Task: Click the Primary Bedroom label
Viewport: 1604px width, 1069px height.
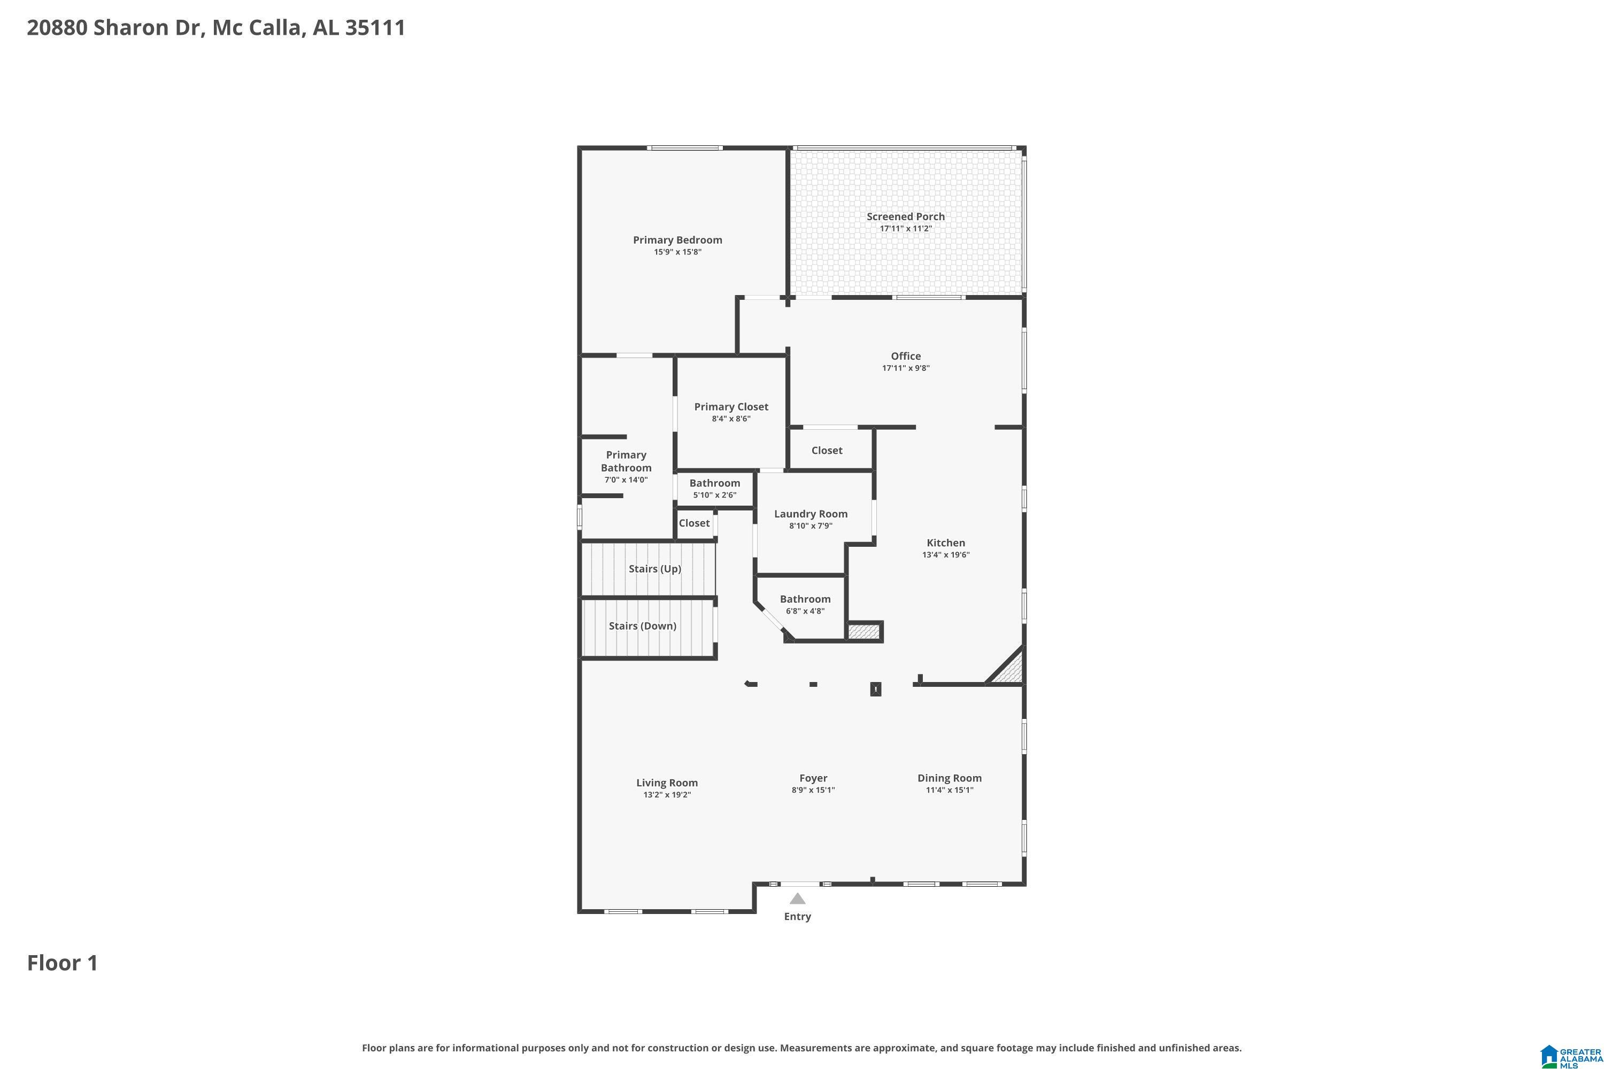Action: pos(677,240)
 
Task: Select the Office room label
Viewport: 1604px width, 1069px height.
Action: pos(906,356)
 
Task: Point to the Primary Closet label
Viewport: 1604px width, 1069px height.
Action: pos(731,407)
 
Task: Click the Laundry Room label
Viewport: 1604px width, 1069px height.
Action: pos(811,514)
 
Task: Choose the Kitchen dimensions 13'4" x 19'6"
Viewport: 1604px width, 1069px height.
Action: pos(946,555)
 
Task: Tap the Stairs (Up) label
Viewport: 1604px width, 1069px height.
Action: pos(654,569)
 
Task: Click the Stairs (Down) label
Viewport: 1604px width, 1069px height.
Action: pos(643,626)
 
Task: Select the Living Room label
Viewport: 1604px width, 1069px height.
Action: pos(667,783)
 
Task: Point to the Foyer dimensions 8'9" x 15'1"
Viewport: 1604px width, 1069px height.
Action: pos(813,790)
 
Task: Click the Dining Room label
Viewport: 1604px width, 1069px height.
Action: pos(950,778)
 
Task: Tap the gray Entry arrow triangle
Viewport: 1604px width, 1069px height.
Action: pos(797,898)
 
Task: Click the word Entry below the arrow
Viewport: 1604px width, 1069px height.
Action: pos(797,916)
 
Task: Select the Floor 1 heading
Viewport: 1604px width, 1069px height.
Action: pos(63,963)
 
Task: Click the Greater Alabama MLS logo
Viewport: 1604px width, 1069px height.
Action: pos(1571,1055)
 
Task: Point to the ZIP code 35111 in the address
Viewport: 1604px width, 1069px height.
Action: pos(375,27)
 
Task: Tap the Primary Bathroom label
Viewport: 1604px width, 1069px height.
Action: pos(626,462)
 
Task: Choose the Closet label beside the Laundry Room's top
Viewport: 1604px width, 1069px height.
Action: pos(827,451)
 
